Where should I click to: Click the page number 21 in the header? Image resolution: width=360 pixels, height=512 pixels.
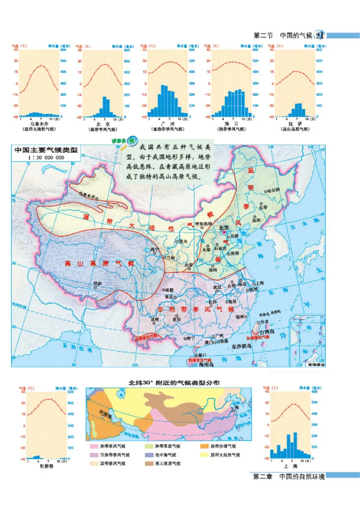(x=320, y=36)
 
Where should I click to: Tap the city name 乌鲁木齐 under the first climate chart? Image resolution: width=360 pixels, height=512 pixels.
(x=38, y=123)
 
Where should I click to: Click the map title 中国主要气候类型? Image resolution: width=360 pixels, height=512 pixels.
(x=46, y=150)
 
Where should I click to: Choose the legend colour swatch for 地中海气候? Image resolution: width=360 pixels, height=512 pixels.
(x=148, y=455)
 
